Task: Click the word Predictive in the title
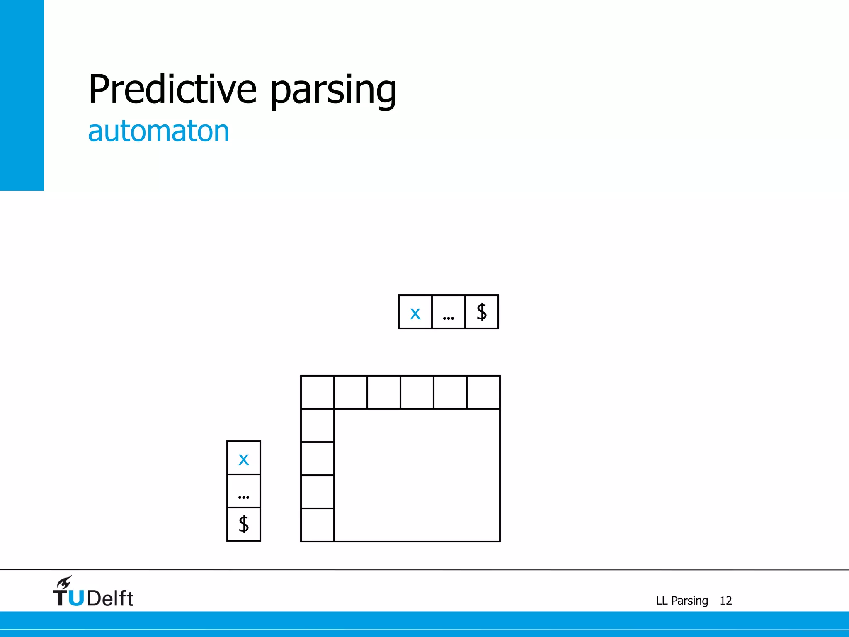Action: (x=172, y=89)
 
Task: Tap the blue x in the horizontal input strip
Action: (x=415, y=312)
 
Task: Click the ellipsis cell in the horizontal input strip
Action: (x=448, y=312)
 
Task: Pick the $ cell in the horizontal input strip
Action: (x=481, y=312)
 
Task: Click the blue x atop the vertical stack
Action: (x=244, y=458)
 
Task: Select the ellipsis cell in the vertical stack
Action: (x=244, y=491)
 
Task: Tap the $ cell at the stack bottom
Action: (x=244, y=524)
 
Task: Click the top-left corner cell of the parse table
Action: (x=318, y=392)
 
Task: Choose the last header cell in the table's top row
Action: (x=483, y=392)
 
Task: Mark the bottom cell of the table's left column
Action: (x=318, y=525)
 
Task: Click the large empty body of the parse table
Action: (x=417, y=475)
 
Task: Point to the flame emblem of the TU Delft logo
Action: (x=65, y=582)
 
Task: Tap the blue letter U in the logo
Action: (x=76, y=598)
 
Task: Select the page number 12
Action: (x=725, y=601)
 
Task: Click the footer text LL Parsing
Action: (x=682, y=601)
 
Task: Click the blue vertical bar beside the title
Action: (x=22, y=95)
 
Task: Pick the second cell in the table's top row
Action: (x=351, y=392)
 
